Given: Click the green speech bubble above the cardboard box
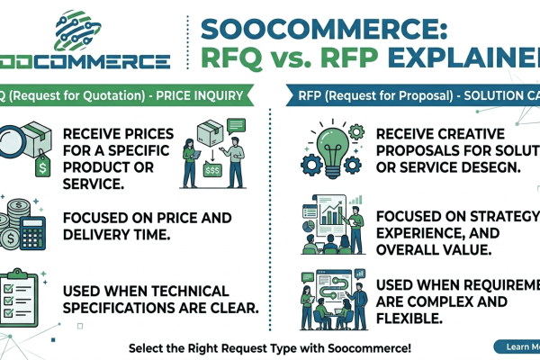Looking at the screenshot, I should [236, 127].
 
